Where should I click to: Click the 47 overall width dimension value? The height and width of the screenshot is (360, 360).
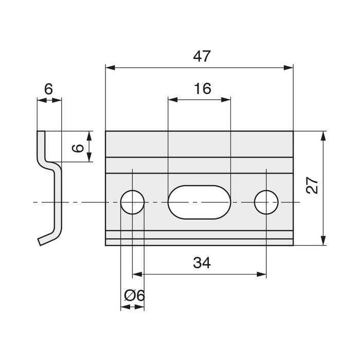click(x=203, y=57)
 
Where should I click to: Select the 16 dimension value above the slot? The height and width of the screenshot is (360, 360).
click(x=203, y=88)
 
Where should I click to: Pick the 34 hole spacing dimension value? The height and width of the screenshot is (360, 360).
click(x=202, y=263)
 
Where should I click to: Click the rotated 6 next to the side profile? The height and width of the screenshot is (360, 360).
click(x=77, y=148)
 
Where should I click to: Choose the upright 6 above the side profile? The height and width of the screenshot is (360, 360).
click(x=48, y=89)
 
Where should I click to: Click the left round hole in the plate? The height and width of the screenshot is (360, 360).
click(x=132, y=202)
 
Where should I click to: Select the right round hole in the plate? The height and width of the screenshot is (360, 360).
click(x=266, y=202)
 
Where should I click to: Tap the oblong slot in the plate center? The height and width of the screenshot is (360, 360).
click(x=199, y=202)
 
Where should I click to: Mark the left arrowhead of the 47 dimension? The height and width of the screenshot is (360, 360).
click(x=110, y=67)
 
